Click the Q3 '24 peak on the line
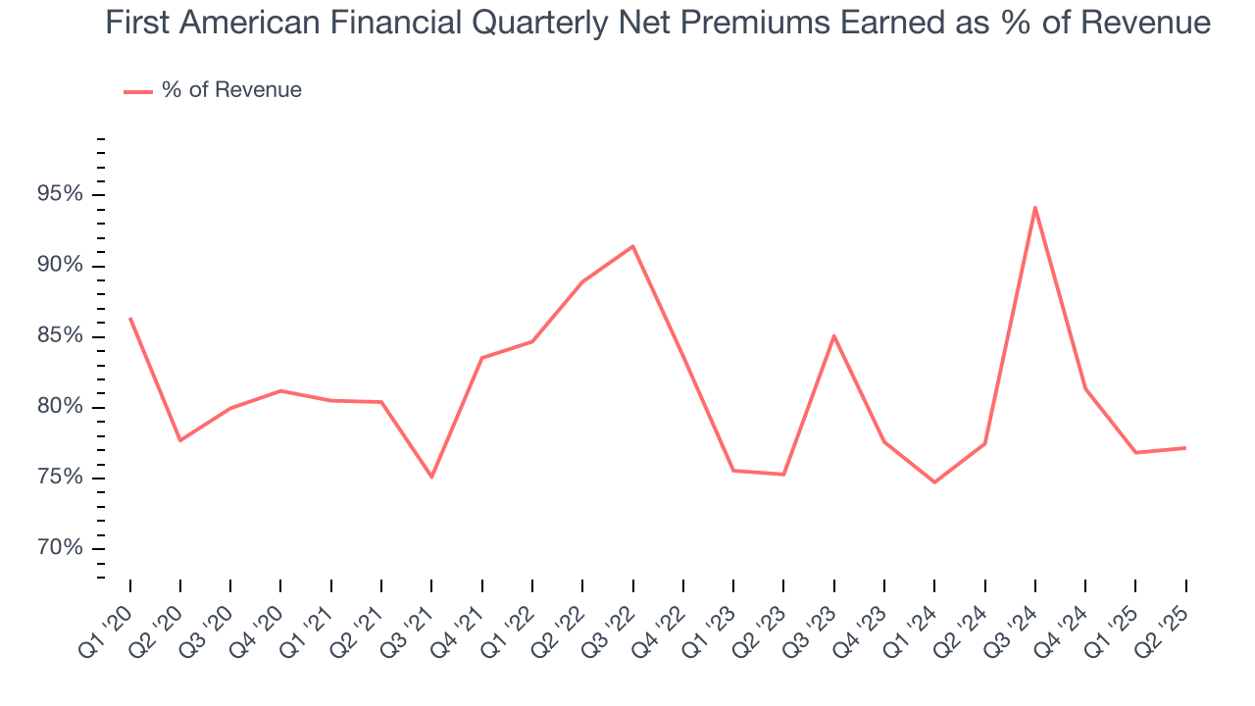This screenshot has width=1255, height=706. click(x=1034, y=207)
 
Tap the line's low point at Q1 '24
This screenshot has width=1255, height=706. click(x=934, y=482)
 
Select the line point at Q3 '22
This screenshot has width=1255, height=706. click(x=632, y=246)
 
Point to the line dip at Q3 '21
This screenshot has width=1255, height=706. click(x=431, y=477)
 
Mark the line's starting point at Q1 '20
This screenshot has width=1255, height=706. click(x=130, y=319)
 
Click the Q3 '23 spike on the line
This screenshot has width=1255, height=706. click(x=833, y=335)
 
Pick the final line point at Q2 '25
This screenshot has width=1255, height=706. click(x=1185, y=448)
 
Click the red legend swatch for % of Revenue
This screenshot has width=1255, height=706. click(x=137, y=91)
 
